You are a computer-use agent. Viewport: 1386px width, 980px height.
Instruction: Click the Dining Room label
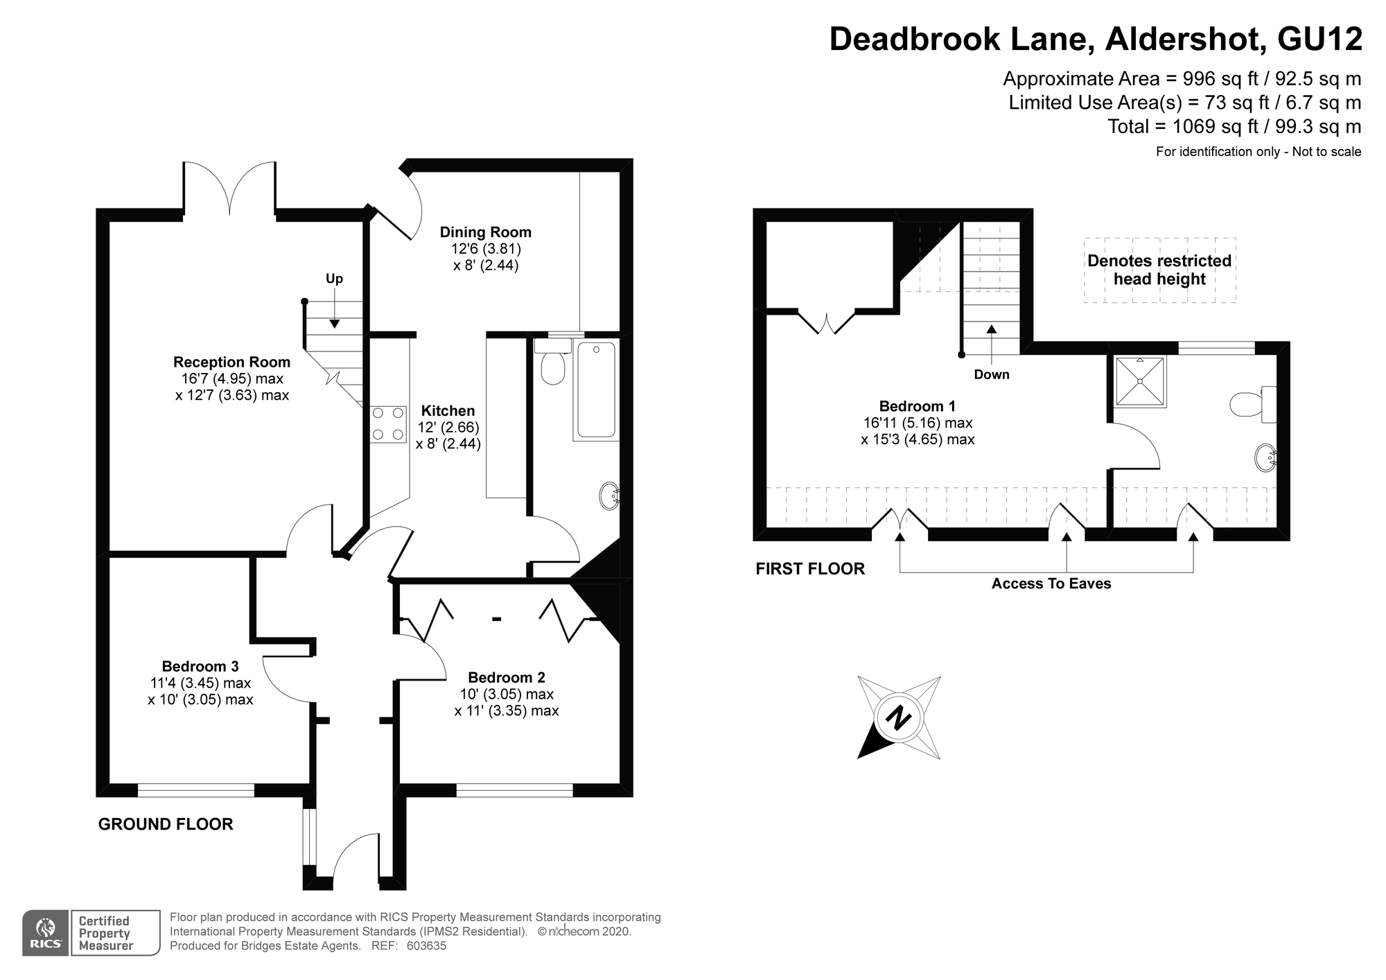point(485,232)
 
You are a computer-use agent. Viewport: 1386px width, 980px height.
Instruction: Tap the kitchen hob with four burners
point(388,424)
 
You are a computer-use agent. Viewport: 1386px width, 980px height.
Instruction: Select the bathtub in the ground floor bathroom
point(596,390)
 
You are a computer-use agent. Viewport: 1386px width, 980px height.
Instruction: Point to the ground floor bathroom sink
point(609,496)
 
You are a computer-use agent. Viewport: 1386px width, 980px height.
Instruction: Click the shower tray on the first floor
point(1140,381)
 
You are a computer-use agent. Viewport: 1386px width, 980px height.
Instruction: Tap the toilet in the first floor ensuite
point(1247,404)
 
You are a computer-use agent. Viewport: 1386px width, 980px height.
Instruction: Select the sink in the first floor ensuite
point(1265,458)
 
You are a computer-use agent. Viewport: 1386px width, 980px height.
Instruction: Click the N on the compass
point(899,718)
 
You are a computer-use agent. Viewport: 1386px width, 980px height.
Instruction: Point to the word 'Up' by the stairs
point(334,279)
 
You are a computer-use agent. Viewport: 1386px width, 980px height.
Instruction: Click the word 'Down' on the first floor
point(992,375)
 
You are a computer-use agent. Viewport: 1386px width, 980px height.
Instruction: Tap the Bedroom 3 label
point(200,667)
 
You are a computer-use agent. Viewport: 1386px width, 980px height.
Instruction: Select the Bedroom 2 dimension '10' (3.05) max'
point(507,694)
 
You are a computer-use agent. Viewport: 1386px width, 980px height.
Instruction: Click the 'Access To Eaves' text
point(1051,584)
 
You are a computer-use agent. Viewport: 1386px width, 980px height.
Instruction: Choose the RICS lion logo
point(46,933)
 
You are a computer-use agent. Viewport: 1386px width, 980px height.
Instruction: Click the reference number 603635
point(426,946)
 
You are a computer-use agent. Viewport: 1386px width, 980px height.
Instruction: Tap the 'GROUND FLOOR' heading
point(166,824)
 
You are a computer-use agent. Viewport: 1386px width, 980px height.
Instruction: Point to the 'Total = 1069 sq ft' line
point(1234,127)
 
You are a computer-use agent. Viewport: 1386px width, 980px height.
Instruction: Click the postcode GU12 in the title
point(1319,40)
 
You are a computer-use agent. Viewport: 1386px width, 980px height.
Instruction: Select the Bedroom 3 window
point(196,789)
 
